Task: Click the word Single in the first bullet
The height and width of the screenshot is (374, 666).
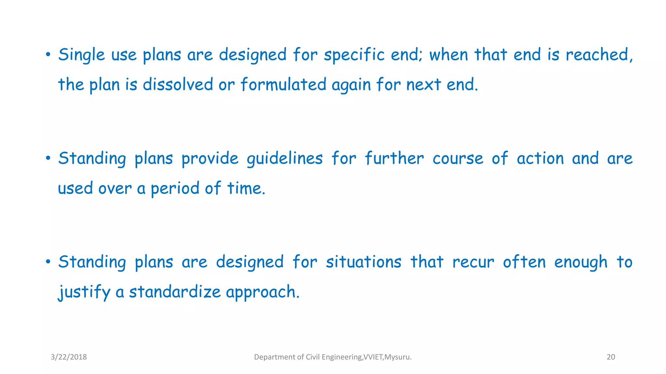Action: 81,55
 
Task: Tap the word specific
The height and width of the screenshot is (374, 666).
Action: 354,55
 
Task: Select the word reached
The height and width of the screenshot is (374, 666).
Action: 599,55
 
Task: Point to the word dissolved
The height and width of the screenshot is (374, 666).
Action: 178,84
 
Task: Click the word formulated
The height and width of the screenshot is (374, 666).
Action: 283,84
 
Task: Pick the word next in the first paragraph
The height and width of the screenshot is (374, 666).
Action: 423,84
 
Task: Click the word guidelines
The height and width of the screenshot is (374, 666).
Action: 285,159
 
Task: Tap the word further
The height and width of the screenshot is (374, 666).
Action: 394,158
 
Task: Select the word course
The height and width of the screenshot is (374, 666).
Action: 458,158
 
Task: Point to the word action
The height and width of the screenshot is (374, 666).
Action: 540,158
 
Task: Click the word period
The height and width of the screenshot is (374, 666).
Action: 175,188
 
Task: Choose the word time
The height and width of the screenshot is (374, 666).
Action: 246,188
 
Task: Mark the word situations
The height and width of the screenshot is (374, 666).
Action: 364,262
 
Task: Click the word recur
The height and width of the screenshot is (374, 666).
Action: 473,262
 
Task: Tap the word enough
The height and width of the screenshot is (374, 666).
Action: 581,262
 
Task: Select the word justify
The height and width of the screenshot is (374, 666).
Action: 84,292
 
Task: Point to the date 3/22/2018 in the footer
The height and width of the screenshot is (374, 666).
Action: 69,357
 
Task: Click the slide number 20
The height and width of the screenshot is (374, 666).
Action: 611,357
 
